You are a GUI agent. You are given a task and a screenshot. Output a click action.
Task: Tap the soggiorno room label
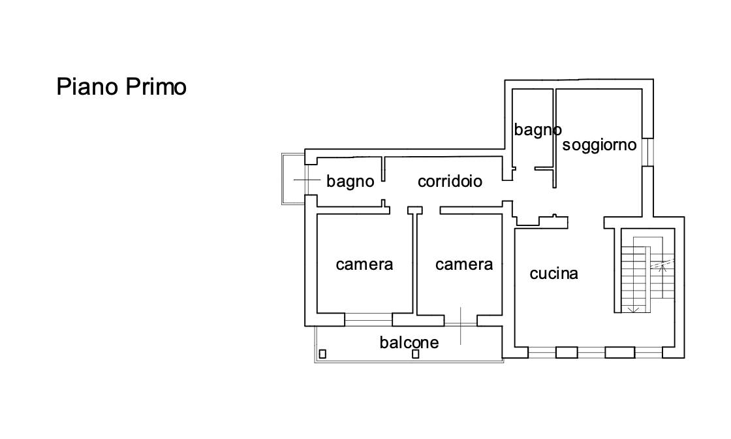[599, 145]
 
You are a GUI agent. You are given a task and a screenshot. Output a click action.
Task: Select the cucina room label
[553, 274]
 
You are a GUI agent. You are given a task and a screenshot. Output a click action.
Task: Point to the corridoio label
[450, 181]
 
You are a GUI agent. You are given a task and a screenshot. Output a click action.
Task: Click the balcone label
[409, 342]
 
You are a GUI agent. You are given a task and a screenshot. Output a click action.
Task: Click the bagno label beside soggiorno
[537, 130]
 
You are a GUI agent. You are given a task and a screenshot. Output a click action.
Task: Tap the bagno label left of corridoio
[350, 181]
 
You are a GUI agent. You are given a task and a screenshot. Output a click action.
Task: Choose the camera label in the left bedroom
[364, 264]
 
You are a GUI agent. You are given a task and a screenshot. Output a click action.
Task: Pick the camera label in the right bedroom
[464, 264]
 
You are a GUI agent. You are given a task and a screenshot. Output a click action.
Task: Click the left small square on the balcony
[322, 354]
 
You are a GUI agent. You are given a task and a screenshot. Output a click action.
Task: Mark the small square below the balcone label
[416, 355]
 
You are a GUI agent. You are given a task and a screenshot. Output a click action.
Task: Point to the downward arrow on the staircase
[631, 308]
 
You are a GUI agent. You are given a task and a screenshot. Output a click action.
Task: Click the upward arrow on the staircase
[664, 266]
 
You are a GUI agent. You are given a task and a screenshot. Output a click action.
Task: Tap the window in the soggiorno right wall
[646, 152]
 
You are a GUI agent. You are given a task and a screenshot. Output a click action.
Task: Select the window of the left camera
[368, 320]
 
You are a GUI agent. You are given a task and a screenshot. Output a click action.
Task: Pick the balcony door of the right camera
[460, 320]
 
